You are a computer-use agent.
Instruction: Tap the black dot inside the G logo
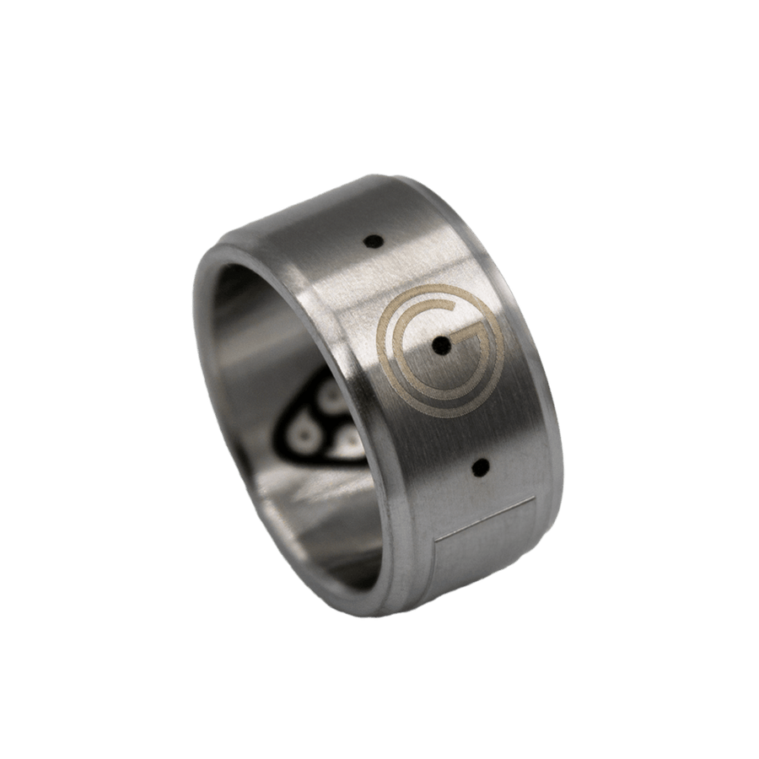tap(440, 344)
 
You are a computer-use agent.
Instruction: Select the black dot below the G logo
tap(482, 465)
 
